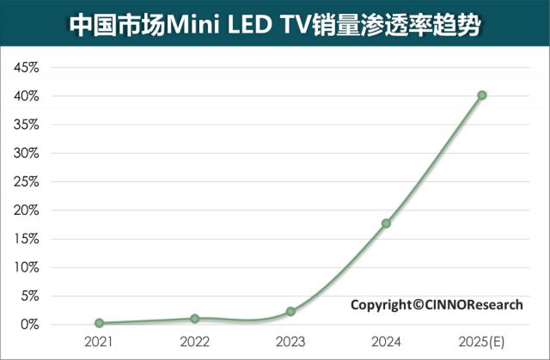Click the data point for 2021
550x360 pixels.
click(x=99, y=323)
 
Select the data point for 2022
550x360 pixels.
click(x=195, y=319)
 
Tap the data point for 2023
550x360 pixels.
click(x=290, y=311)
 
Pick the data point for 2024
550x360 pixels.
click(x=386, y=223)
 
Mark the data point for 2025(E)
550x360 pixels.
click(x=482, y=95)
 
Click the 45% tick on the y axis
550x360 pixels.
click(x=26, y=68)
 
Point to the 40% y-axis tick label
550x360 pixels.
click(x=26, y=96)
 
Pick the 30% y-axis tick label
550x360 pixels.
click(x=26, y=153)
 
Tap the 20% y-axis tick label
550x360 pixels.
click(x=26, y=211)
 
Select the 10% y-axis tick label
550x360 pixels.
click(x=26, y=267)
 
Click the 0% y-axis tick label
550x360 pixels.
click(x=29, y=324)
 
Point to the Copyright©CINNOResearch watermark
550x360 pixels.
click(x=436, y=304)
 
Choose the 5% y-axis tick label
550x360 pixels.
click(x=29, y=296)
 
